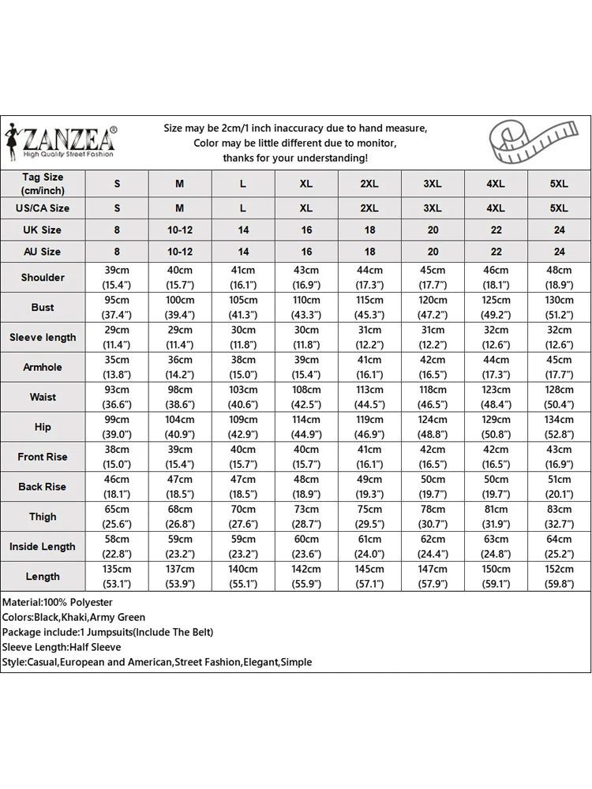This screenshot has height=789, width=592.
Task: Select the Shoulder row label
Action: [x=43, y=278]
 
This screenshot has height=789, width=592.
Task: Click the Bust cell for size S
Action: [x=117, y=308]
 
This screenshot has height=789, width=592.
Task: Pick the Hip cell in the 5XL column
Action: [x=559, y=427]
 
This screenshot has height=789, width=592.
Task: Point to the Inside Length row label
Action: [x=43, y=547]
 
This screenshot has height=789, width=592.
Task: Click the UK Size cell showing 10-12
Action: [x=180, y=230]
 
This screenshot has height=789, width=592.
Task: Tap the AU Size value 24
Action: [x=559, y=252]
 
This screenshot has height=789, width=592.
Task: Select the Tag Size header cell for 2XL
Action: [x=369, y=184]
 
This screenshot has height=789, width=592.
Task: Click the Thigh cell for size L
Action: [x=243, y=517]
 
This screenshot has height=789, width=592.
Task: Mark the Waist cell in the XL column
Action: [x=306, y=397]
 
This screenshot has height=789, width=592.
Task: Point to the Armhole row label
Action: [x=43, y=367]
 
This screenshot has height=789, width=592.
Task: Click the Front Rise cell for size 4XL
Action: [x=496, y=457]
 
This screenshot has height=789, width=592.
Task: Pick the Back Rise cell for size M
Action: [x=180, y=487]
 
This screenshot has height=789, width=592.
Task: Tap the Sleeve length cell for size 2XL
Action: [x=369, y=337]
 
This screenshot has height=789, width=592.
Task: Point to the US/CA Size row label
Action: [x=43, y=208]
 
